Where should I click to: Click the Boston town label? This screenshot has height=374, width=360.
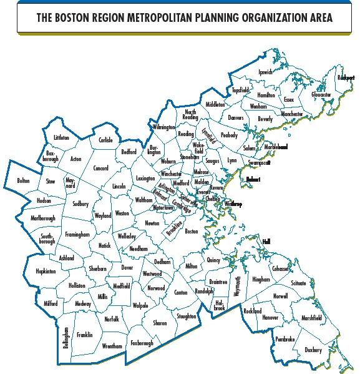pos(192,231)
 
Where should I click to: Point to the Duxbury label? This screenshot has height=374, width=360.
pos(313,350)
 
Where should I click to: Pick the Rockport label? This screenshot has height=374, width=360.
pos(346,77)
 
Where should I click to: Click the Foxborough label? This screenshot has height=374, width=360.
pos(142,343)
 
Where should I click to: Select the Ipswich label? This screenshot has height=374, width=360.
pos(266,72)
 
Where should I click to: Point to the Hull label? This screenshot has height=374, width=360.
pos(267,242)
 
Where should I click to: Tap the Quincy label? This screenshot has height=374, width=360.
pos(214,260)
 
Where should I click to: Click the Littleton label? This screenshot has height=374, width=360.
pos(62,137)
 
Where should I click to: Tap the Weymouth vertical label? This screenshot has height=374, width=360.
pos(236,288)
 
